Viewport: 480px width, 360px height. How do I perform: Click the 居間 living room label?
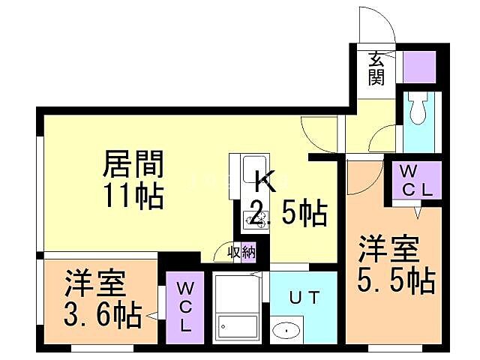click(133, 162)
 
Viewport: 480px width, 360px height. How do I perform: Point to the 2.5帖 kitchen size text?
click(289, 214)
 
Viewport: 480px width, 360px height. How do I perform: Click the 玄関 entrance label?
click(376, 68)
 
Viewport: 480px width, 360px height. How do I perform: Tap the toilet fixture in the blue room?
click(418, 111)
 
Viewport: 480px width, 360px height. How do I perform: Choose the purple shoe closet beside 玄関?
click(419, 67)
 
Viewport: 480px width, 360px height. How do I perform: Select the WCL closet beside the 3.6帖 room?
click(184, 305)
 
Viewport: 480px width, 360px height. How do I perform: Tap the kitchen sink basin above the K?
click(252, 164)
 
